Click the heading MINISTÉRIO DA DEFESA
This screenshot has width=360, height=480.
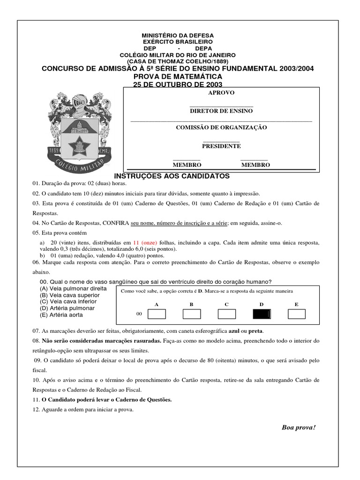(178, 36)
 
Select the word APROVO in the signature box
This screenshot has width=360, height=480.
(221, 93)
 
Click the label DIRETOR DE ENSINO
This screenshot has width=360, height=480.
(221, 111)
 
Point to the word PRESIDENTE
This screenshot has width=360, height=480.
(221, 146)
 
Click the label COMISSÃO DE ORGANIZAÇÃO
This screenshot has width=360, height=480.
(221, 127)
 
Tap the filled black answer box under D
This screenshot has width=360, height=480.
(262, 314)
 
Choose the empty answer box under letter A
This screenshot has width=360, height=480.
(157, 314)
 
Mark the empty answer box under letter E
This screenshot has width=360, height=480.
(296, 314)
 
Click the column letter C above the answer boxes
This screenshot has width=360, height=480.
(226, 304)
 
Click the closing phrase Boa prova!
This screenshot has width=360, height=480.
(299, 427)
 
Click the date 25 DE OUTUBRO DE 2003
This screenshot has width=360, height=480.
(178, 84)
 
